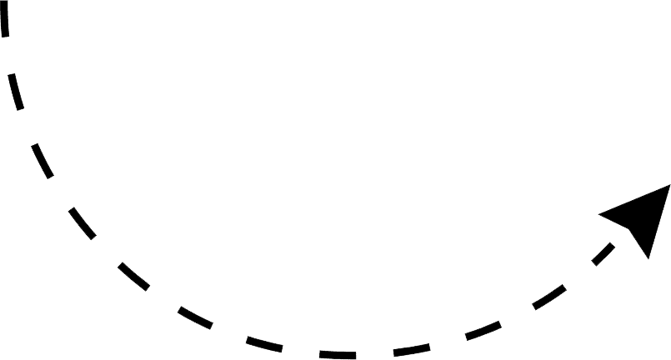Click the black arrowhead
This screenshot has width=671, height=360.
pos(642,216)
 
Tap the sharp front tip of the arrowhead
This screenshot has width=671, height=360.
pos(669,186)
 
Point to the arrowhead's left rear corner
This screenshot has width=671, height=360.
pos(600,214)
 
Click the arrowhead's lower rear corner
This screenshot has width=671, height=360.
pos(648,257)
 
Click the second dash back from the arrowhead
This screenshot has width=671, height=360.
pos(549,297)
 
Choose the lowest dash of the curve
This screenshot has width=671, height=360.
pos(337,355)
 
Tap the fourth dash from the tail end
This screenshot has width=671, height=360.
pos(82,222)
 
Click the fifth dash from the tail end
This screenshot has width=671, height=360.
pos(133,276)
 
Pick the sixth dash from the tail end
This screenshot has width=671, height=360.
pos(194,317)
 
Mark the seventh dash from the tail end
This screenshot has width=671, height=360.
pos(264,342)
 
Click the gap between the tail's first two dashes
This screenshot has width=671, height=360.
pos(9,56)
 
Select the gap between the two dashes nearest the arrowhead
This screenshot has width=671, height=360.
pos(579,275)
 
